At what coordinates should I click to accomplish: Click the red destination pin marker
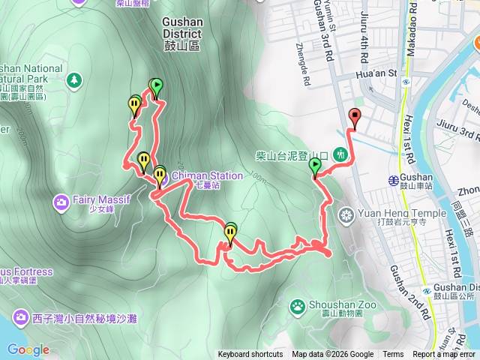(355, 116)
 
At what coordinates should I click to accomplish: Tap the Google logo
(28, 349)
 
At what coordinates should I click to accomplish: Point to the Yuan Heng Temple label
(389, 212)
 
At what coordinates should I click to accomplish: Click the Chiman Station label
(208, 176)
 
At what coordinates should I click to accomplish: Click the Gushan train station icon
(393, 180)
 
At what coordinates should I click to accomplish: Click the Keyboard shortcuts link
(250, 355)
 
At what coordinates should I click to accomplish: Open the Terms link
(393, 355)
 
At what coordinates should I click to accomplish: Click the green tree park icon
(73, 79)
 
